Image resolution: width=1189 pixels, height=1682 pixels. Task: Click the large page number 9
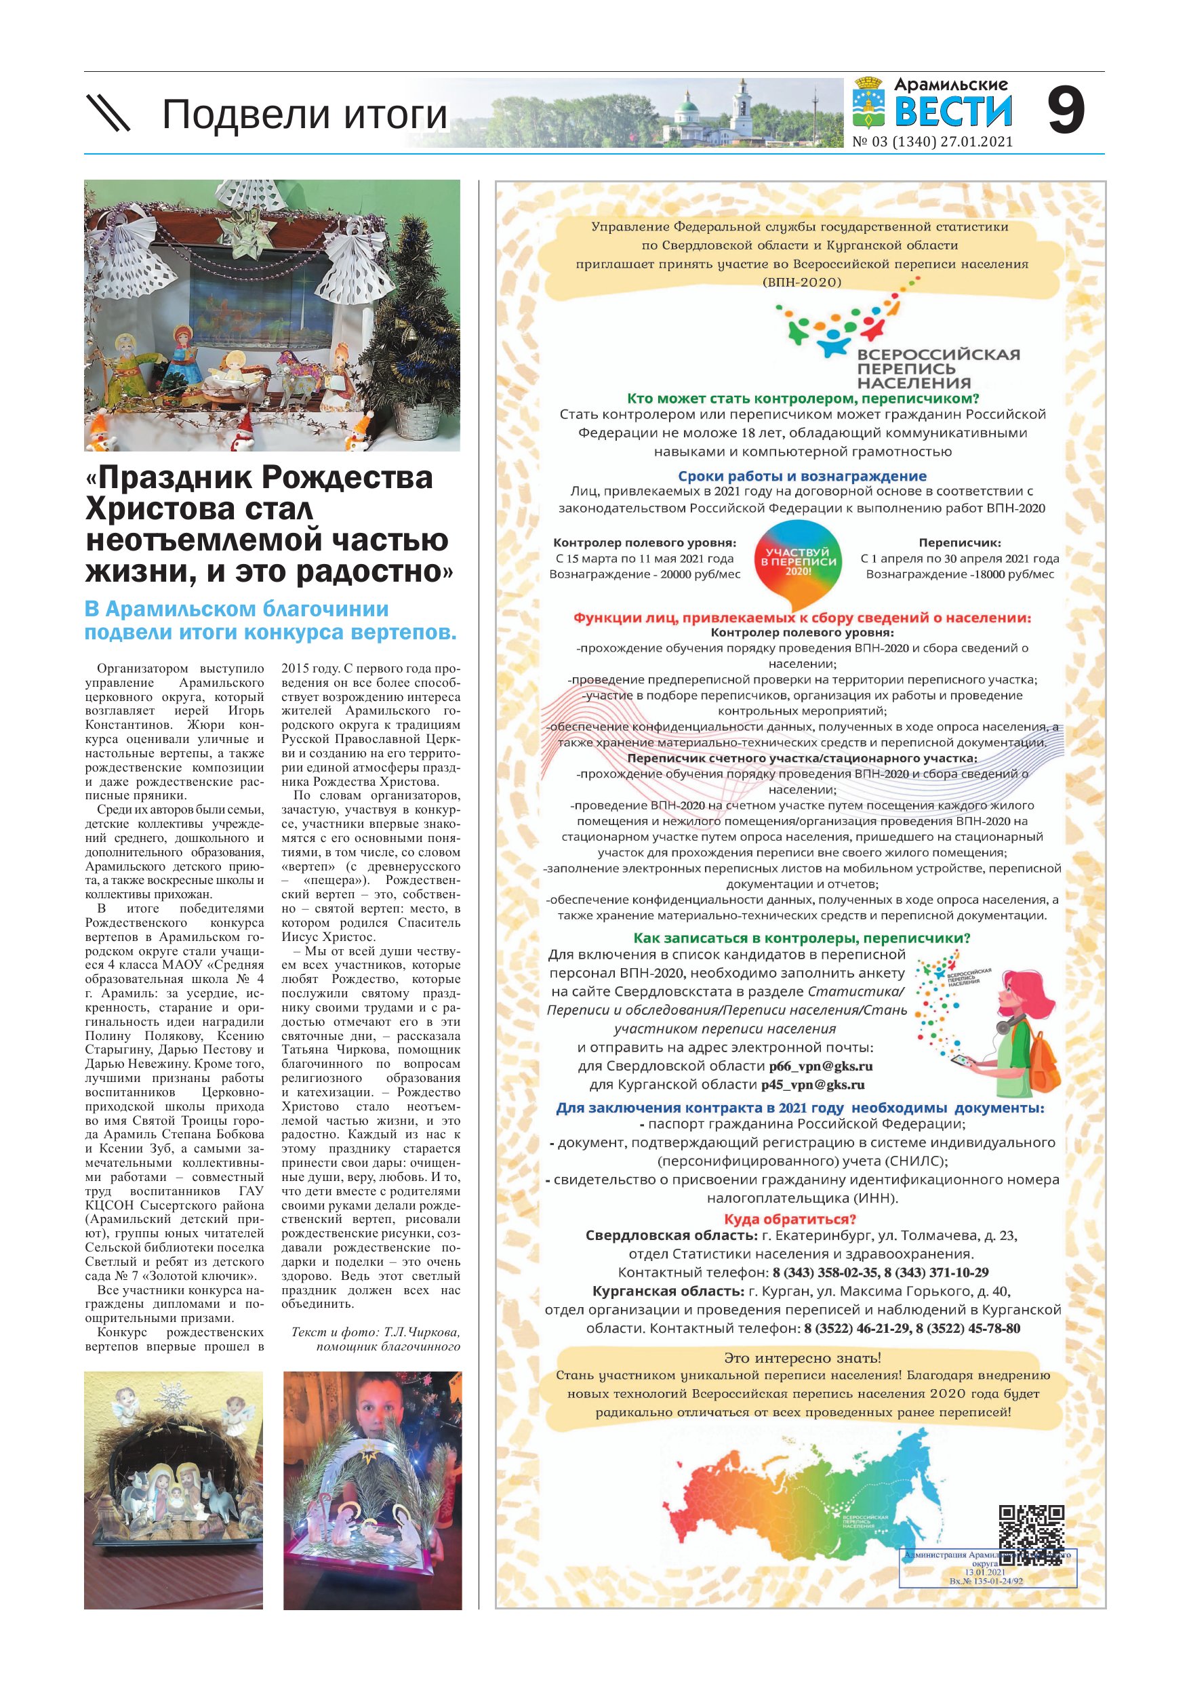point(1065,111)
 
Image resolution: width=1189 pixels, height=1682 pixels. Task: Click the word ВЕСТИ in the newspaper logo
point(953,112)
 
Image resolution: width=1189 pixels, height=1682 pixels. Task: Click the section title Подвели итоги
point(304,115)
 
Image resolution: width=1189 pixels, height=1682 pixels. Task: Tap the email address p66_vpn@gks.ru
point(820,1066)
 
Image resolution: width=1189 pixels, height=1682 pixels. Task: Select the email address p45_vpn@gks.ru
point(813,1085)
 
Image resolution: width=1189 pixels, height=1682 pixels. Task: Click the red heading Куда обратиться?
point(790,1220)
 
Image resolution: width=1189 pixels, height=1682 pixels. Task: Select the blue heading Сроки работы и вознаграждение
point(801,476)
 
